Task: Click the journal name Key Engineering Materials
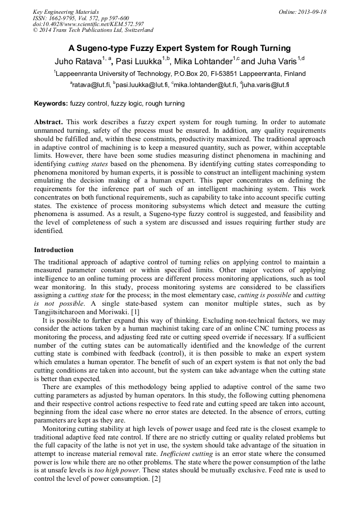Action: (x=66, y=12)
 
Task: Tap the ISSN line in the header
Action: (x=80, y=18)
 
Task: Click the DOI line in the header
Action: (x=88, y=24)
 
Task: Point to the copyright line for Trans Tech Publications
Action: (x=93, y=30)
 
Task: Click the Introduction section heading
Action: (x=54, y=249)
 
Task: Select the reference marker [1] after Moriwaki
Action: (x=135, y=312)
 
